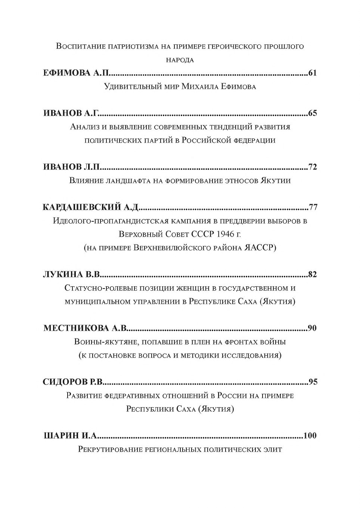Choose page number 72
pos(313,167)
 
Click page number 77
pos(313,208)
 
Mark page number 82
pos(313,275)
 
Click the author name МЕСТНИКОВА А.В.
pos(86,328)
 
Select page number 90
pos(313,328)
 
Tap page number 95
pos(313,382)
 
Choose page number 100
pos(310,436)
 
